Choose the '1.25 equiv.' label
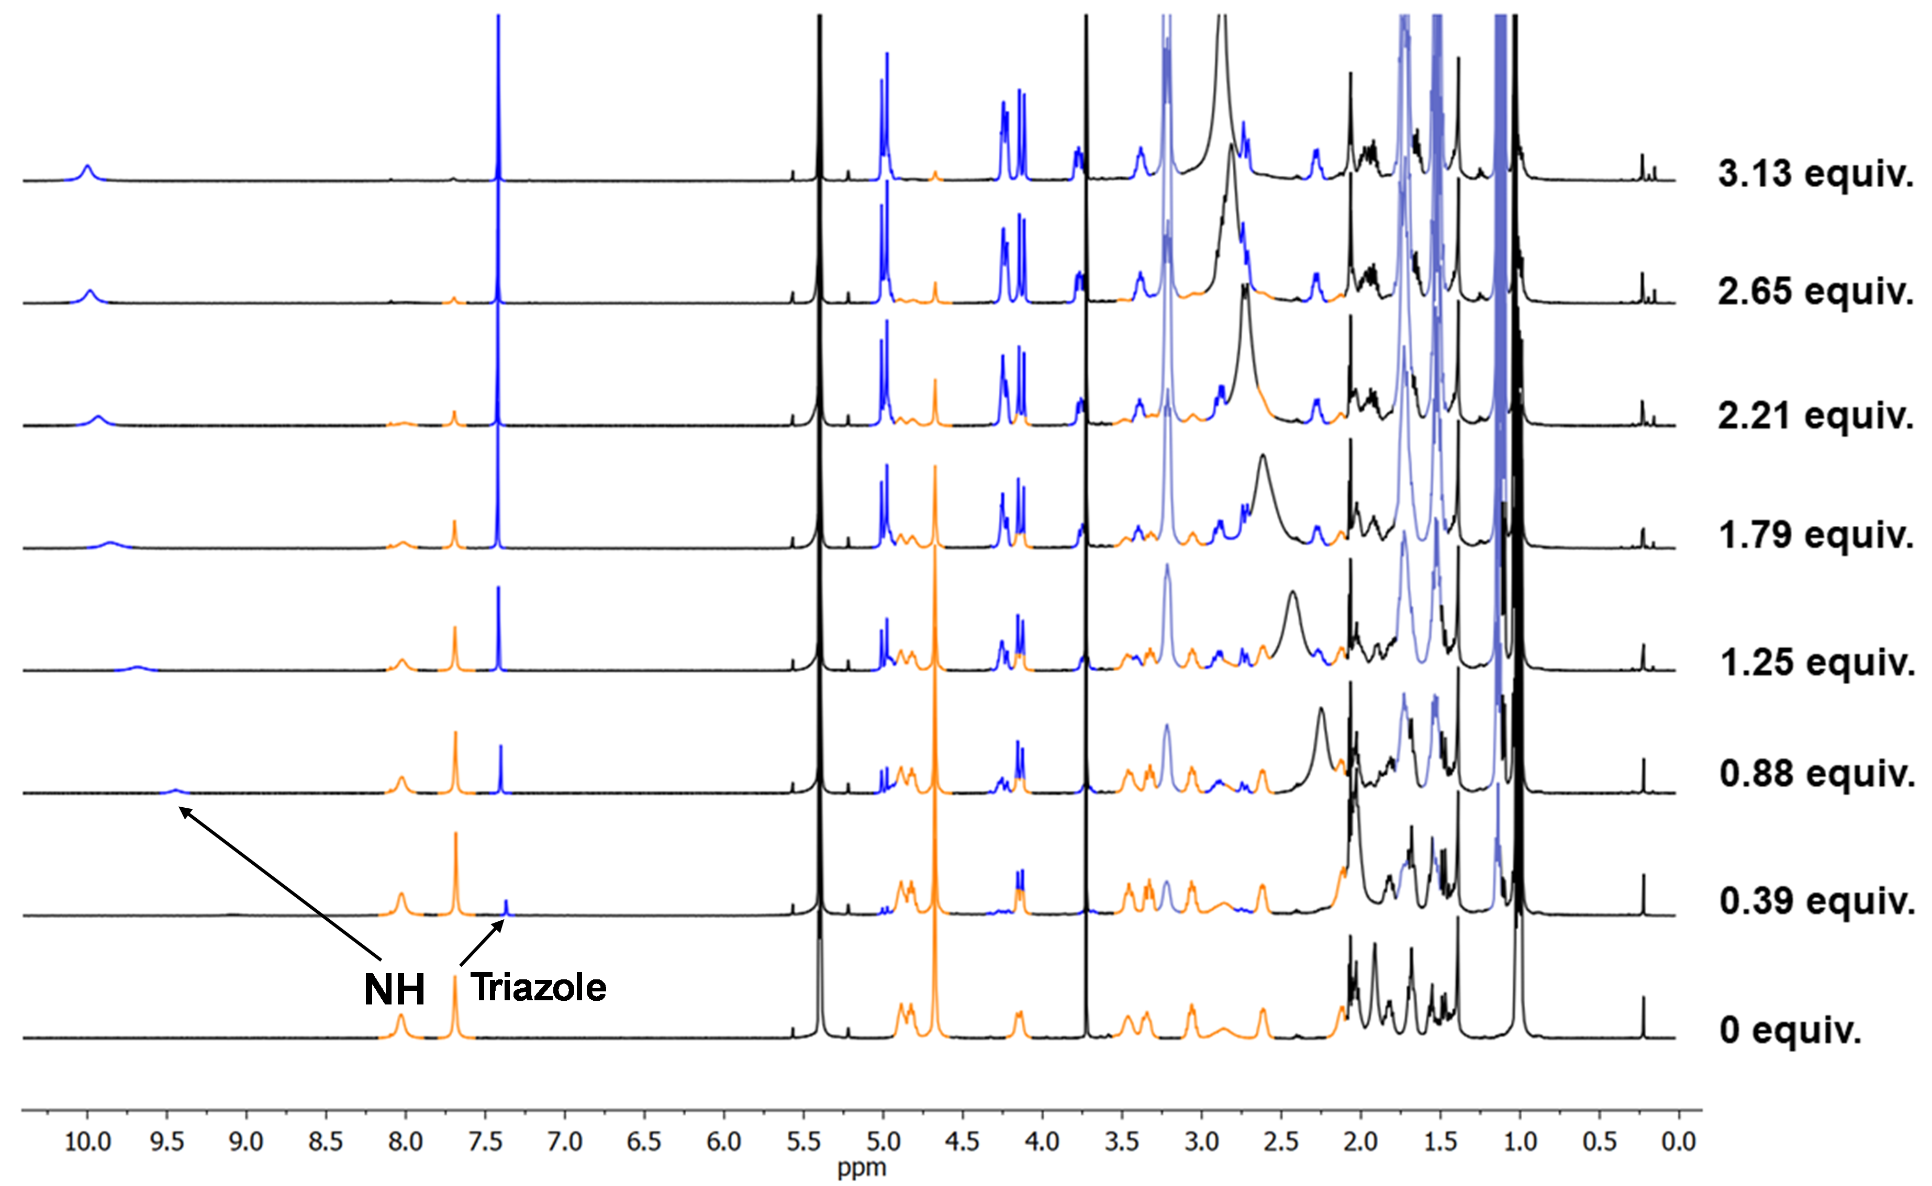1815,663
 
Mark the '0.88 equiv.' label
1815,774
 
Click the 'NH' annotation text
394,990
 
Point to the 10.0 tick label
87,1142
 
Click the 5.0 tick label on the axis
883,1142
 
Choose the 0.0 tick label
1678,1142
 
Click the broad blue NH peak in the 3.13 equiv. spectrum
87,170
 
